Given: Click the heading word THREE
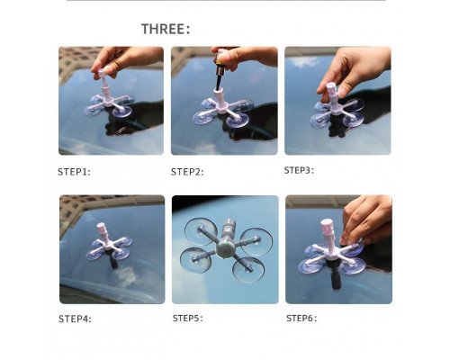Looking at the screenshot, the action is pyautogui.click(x=163, y=29).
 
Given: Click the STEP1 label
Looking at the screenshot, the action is pyautogui.click(x=74, y=172).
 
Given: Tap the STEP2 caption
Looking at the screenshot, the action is pyautogui.click(x=187, y=172).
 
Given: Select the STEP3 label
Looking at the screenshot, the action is pyautogui.click(x=299, y=170).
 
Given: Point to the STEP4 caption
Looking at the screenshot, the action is pyautogui.click(x=75, y=319).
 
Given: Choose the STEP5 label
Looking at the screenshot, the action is pyautogui.click(x=187, y=319).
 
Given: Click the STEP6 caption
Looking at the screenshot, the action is pyautogui.click(x=301, y=319).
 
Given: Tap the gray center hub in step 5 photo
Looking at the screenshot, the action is pyautogui.click(x=226, y=248).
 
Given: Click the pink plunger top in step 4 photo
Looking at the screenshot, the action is pyautogui.click(x=101, y=227).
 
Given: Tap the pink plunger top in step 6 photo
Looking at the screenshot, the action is pyautogui.click(x=327, y=224).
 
